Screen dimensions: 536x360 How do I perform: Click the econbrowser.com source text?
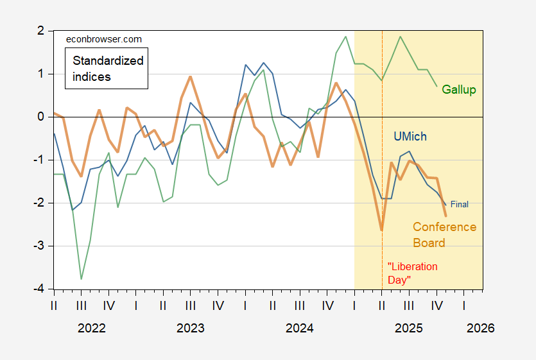[x=104, y=39]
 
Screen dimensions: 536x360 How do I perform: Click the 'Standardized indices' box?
[x=107, y=69]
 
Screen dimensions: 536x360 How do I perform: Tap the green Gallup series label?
[x=459, y=90]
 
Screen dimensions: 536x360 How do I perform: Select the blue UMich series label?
[x=410, y=137]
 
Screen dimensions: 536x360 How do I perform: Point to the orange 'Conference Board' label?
[x=444, y=235]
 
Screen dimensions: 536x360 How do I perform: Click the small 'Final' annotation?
[x=460, y=204]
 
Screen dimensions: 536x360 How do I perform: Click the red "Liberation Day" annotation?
[x=413, y=273]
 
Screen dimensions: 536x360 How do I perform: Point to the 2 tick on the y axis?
[x=41, y=31]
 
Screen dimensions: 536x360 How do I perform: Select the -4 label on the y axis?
[x=39, y=289]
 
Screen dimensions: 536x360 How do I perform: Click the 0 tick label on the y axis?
[x=41, y=117]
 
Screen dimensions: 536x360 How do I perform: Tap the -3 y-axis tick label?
[x=39, y=246]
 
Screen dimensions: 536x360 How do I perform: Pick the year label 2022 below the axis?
[x=92, y=328]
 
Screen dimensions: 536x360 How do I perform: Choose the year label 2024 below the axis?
[x=299, y=328]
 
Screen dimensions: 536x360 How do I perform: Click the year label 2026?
[x=481, y=328]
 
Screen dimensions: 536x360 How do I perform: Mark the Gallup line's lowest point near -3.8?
[x=81, y=279]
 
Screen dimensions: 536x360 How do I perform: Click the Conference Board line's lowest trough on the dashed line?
[x=382, y=230]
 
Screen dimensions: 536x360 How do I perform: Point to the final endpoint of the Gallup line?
[x=437, y=87]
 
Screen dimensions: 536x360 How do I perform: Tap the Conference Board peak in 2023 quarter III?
[x=191, y=76]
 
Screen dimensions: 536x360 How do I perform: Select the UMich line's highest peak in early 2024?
[x=264, y=63]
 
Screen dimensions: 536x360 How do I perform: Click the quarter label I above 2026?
[x=464, y=305]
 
